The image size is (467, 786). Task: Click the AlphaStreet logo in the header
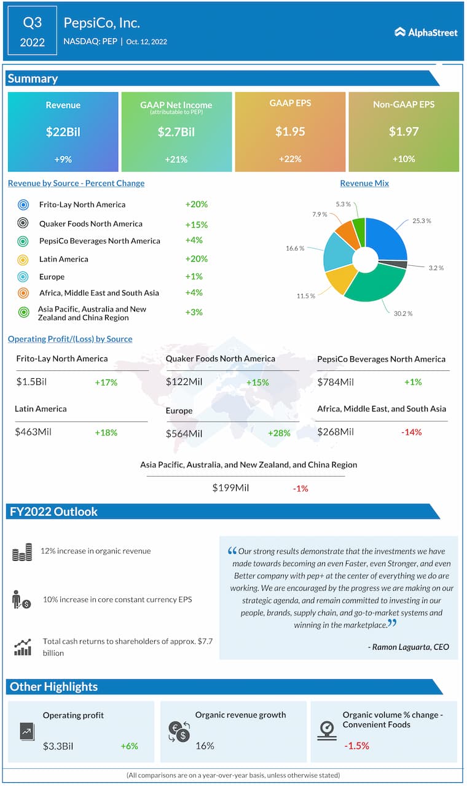click(426, 32)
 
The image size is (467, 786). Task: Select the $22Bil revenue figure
click(63, 131)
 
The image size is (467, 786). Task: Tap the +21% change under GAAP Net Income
click(176, 159)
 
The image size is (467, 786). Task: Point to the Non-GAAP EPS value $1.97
click(404, 131)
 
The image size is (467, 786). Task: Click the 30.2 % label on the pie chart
click(403, 313)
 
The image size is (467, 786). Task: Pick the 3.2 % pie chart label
click(436, 268)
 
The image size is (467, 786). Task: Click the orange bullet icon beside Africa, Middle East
click(23, 293)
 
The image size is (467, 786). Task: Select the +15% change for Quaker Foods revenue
click(196, 224)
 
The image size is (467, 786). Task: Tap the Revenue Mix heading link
click(364, 183)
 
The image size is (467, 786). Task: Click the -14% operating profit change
click(411, 432)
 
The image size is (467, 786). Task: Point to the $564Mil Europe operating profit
click(184, 434)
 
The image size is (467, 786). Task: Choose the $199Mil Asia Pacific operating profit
click(230, 488)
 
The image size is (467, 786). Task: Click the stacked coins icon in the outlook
click(22, 552)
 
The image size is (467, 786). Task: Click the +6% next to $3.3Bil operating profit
click(129, 746)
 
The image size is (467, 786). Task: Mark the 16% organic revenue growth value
click(205, 745)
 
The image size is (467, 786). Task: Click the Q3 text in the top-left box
click(33, 23)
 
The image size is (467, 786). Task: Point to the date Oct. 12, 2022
click(147, 42)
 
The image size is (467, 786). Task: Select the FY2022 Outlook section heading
click(53, 512)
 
